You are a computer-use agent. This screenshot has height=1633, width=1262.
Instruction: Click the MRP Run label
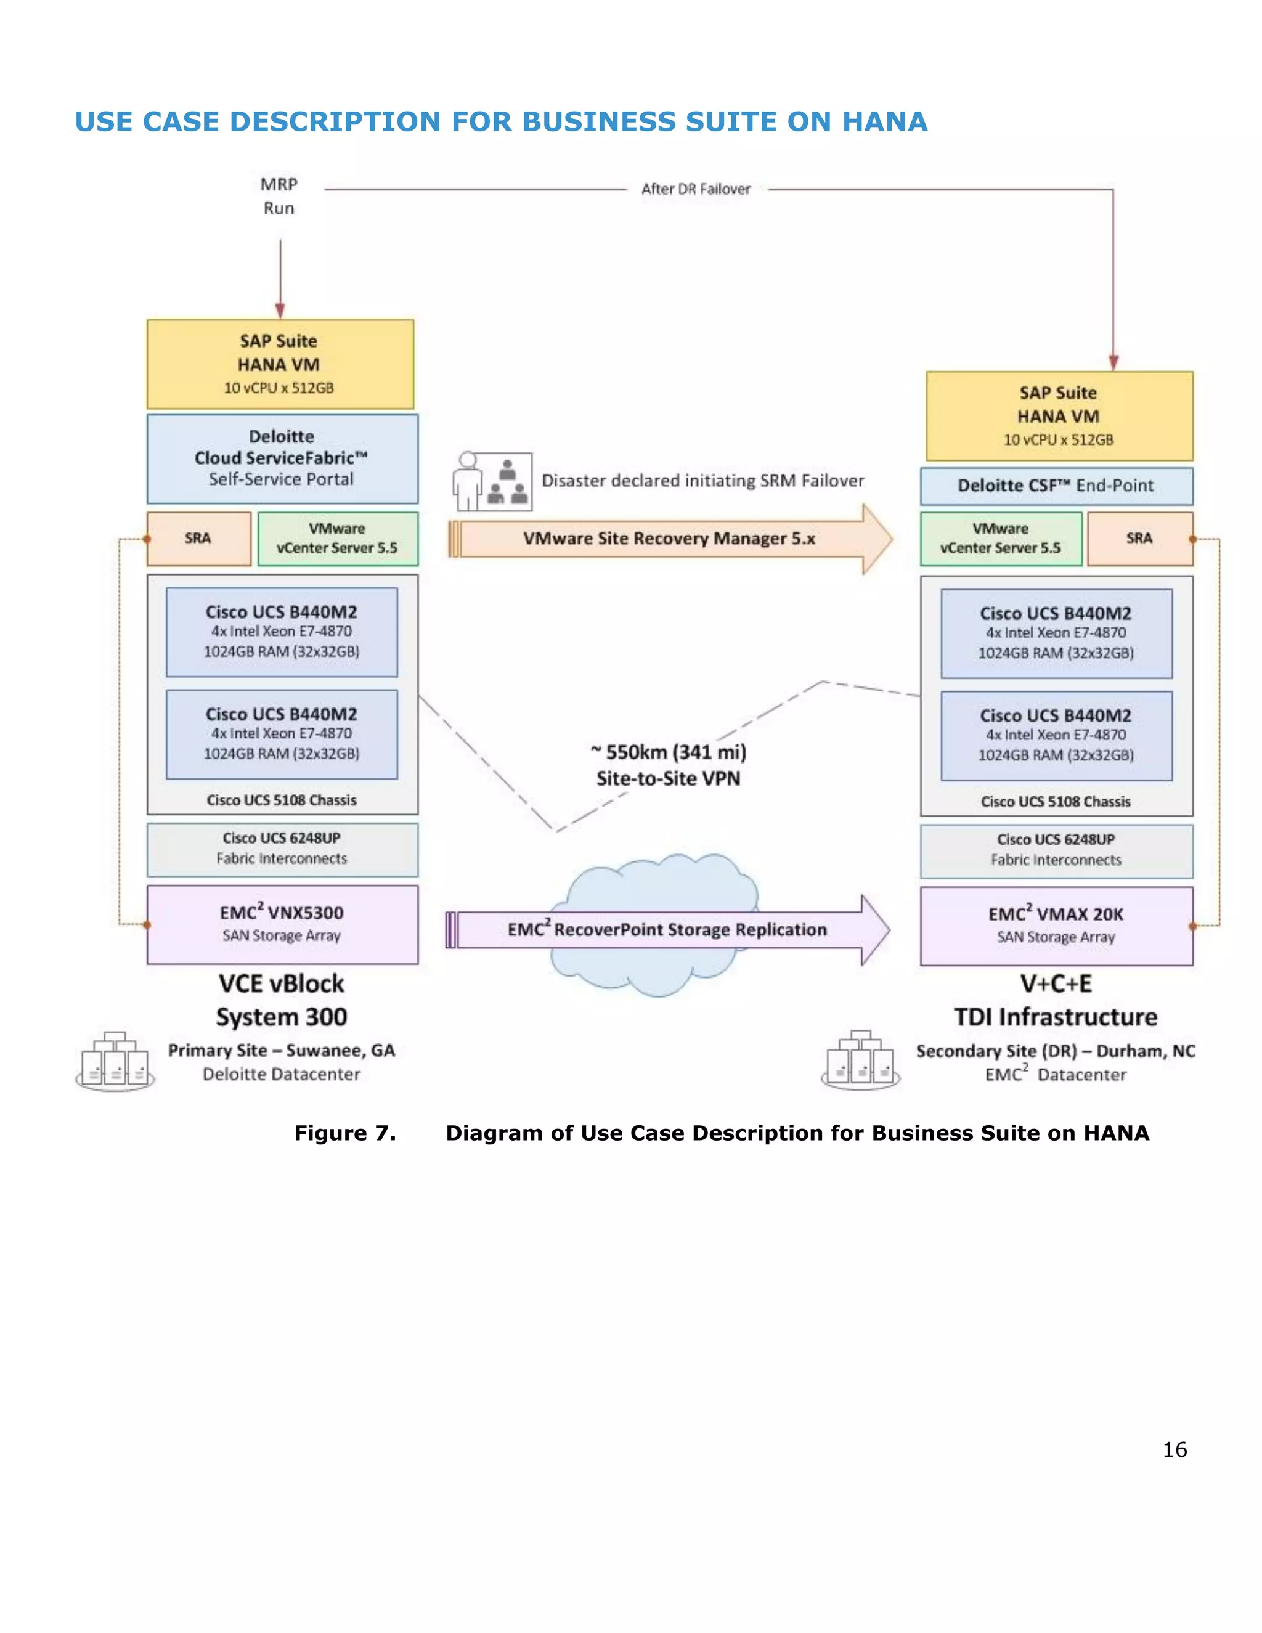279,196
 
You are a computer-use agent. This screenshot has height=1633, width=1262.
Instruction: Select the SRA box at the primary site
199,539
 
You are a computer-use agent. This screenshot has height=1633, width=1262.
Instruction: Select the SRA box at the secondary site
1139,539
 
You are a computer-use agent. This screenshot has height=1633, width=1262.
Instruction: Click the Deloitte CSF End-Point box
1056,486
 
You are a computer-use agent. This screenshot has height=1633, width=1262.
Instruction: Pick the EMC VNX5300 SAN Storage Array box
282,924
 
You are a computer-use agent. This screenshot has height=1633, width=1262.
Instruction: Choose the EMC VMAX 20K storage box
1056,926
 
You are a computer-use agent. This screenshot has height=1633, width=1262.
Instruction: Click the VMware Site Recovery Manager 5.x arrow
669,539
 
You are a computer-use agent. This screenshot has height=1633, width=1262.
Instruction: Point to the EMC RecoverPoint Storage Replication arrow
667,930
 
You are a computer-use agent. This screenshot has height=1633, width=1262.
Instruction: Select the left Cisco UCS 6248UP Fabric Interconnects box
282,849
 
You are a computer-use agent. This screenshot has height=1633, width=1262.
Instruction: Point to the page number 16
1174,1449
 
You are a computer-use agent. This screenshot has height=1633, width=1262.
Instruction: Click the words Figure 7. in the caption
344,1133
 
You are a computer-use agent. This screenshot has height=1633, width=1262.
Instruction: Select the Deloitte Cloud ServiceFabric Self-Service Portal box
282,458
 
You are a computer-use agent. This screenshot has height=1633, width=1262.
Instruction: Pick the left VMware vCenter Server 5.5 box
337,539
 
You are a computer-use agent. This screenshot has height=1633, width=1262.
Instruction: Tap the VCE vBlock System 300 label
282,1000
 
